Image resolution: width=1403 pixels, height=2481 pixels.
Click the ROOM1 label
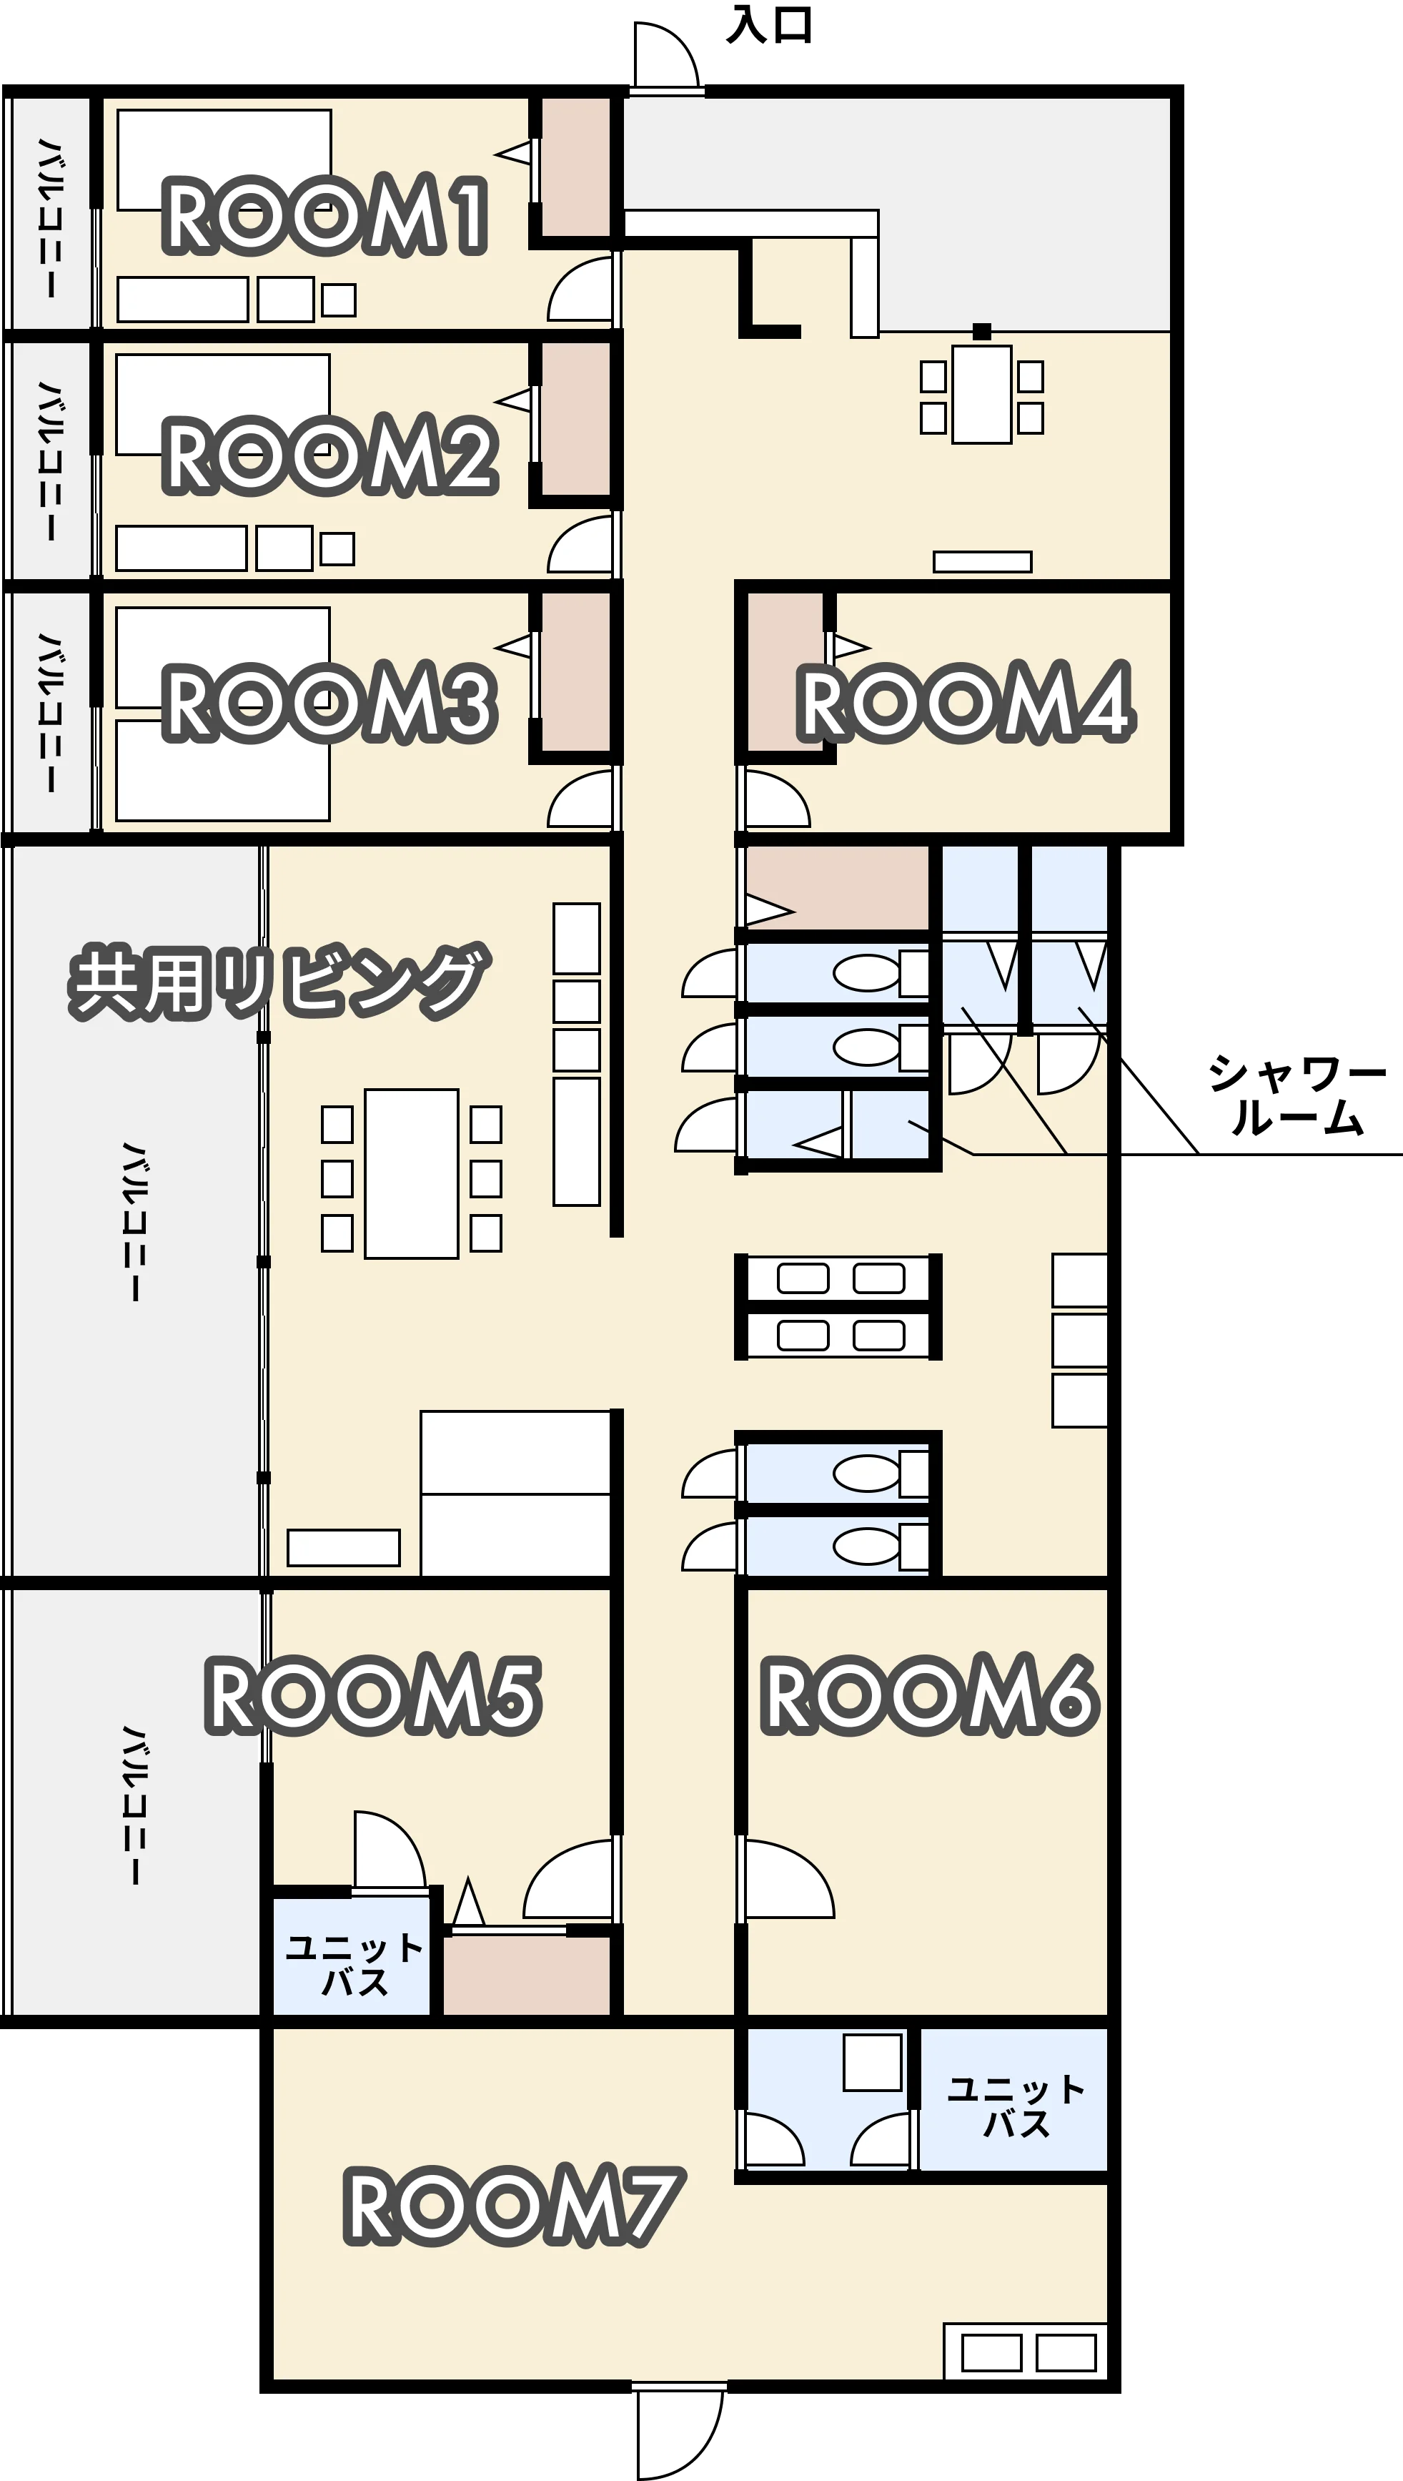pos(326,218)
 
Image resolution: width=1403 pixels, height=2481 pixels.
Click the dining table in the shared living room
pos(412,1173)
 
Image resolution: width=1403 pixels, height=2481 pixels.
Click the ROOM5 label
pos(372,1697)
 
